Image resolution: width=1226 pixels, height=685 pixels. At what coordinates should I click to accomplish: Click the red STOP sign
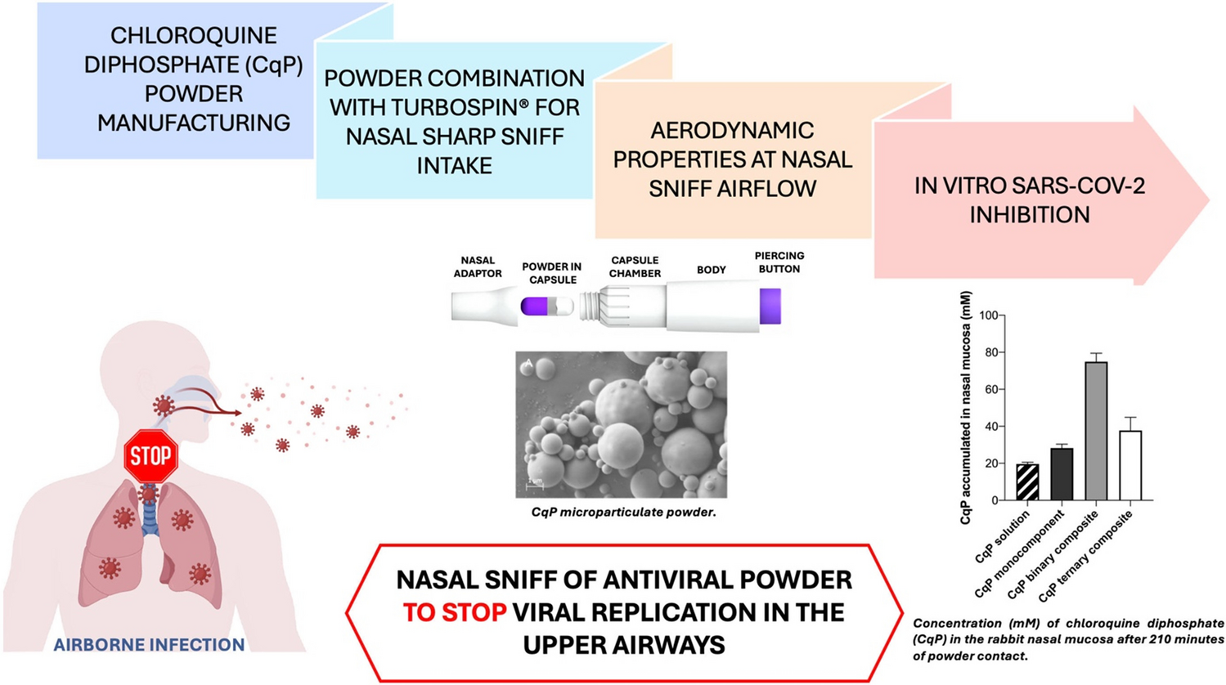150,456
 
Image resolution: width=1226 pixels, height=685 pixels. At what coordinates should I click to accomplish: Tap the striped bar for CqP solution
1027,482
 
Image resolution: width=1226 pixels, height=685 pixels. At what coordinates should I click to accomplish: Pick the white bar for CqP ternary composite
1129,465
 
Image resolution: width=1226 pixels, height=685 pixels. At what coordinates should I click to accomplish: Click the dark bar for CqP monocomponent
1062,474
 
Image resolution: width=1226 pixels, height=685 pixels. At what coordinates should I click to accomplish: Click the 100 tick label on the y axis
986,316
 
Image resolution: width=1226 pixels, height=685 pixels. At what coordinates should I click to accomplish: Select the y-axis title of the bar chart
966,407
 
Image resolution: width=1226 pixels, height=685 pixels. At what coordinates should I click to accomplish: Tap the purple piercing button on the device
770,306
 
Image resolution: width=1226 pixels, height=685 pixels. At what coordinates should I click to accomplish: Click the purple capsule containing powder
537,307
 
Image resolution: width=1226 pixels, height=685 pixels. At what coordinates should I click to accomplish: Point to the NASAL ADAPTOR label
478,267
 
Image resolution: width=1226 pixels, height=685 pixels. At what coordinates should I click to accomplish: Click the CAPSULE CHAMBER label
635,267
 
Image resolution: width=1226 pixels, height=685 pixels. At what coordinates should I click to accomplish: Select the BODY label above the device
711,270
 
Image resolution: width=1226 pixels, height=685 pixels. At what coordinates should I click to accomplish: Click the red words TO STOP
454,612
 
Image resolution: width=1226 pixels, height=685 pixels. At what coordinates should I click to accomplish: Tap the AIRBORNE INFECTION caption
149,645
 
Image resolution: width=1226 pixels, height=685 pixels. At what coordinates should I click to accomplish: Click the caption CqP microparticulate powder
622,513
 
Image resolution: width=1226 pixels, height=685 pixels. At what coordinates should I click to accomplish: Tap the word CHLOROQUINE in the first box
194,36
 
